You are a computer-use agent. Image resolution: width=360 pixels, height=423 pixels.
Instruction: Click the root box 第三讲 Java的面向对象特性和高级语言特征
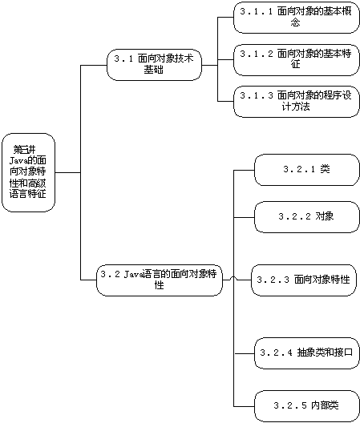[x=28, y=172]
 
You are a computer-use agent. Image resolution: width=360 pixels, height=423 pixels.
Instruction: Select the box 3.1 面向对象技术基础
[x=154, y=65]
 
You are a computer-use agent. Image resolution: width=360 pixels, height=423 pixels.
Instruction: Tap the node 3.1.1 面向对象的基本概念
[x=297, y=18]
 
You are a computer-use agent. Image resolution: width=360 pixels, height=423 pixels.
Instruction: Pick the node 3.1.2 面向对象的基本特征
[x=297, y=59]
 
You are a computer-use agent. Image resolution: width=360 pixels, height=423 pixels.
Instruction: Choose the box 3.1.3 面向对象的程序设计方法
[x=297, y=102]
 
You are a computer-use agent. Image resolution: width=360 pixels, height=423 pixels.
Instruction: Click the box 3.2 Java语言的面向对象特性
[x=160, y=280]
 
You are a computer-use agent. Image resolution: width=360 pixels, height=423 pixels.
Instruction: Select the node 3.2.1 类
[x=307, y=170]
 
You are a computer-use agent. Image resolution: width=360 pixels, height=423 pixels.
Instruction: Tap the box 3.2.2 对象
[x=307, y=217]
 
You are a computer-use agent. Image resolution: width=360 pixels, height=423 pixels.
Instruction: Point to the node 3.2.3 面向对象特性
[x=304, y=280]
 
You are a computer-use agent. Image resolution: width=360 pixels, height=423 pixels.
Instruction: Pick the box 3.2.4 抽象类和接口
[x=307, y=353]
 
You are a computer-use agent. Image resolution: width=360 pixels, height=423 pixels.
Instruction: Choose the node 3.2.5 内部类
[x=307, y=405]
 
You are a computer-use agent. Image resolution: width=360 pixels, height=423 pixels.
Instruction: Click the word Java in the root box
[x=17, y=161]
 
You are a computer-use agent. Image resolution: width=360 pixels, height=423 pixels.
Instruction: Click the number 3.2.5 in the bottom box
[x=290, y=405]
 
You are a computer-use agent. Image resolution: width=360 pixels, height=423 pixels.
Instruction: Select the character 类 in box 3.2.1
[x=325, y=169]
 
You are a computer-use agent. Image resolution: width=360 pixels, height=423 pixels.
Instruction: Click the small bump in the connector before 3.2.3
[x=233, y=279]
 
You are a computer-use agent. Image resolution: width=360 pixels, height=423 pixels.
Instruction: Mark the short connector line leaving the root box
[x=68, y=172]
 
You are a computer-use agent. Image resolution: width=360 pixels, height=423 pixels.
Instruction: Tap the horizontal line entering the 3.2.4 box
[x=245, y=353]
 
